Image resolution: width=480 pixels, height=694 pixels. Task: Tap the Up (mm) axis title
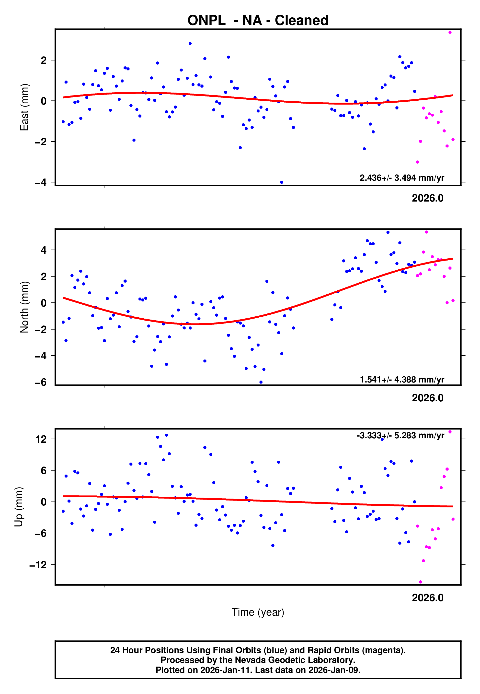[19, 506]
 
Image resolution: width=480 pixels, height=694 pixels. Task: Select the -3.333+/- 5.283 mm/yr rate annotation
[400, 435]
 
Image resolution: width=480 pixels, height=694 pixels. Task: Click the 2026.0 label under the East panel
[427, 198]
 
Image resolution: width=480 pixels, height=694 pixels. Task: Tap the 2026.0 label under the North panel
[427, 398]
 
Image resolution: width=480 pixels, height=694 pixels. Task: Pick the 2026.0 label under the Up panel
[427, 598]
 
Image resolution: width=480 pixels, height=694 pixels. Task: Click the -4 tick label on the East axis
[41, 182]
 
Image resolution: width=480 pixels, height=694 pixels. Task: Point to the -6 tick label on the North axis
[41, 382]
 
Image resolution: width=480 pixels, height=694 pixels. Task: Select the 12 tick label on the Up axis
[41, 439]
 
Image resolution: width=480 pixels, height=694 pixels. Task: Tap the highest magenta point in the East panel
[450, 32]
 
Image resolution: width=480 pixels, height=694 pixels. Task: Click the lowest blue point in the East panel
[282, 182]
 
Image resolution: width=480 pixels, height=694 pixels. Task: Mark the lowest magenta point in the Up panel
[421, 582]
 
